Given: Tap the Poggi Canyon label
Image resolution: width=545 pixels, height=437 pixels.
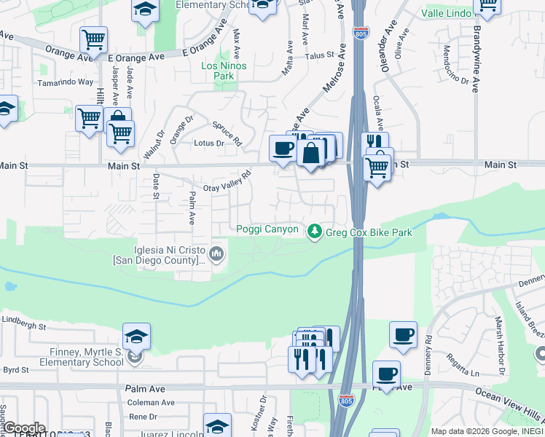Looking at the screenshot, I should [x=267, y=229].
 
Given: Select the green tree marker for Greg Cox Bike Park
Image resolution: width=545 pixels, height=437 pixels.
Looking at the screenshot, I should [x=315, y=231].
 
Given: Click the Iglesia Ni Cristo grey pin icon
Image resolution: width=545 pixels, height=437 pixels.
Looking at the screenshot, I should [x=216, y=254].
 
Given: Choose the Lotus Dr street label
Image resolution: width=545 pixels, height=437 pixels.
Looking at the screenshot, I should [x=209, y=143].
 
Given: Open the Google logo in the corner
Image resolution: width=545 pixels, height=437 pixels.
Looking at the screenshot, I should [x=23, y=428].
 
